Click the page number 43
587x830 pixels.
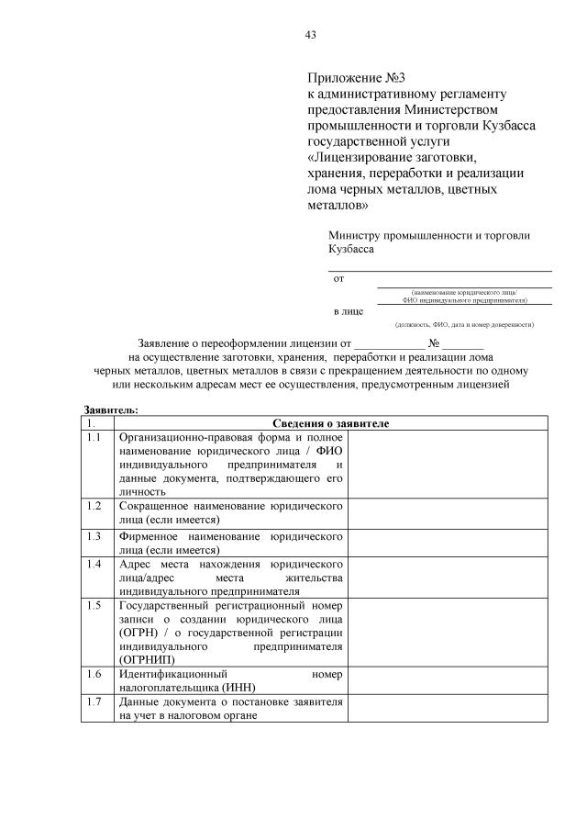coord(310,35)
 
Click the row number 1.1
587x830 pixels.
coord(93,438)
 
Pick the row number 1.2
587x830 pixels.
coord(93,506)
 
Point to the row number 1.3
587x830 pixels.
coord(93,534)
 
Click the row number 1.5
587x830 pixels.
coord(93,605)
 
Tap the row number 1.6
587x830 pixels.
coord(93,675)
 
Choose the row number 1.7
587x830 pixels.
coord(93,702)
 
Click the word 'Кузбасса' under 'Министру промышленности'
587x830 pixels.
coord(351,249)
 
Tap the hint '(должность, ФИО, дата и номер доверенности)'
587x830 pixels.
coord(464,324)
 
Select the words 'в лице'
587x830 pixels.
coord(348,311)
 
